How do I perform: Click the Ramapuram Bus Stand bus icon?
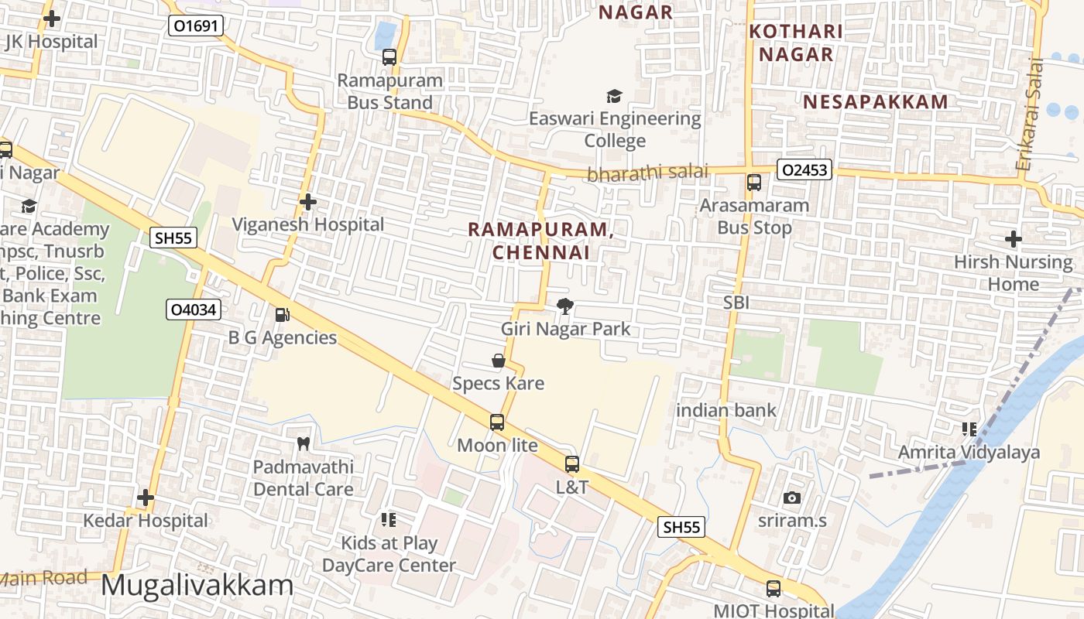(389, 57)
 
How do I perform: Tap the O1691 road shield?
(196, 26)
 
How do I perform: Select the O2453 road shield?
(804, 170)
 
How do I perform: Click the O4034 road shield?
(194, 310)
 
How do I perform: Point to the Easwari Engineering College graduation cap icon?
(614, 96)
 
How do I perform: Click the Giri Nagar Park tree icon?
(565, 306)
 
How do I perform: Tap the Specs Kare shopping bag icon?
(499, 361)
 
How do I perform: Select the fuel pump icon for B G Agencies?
(283, 315)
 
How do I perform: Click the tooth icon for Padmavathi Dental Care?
(304, 444)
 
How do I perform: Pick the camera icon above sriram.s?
(791, 498)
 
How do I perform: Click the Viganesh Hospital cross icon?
(308, 202)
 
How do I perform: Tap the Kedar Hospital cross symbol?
(146, 498)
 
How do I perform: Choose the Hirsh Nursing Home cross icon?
(1013, 239)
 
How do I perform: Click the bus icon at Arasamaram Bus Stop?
(754, 183)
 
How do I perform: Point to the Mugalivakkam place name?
(197, 586)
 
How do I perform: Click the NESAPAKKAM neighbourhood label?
(875, 102)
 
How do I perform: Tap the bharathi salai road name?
(647, 173)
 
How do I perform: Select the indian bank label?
(726, 411)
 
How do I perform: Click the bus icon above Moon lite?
(497, 422)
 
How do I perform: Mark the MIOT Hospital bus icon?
(774, 588)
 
